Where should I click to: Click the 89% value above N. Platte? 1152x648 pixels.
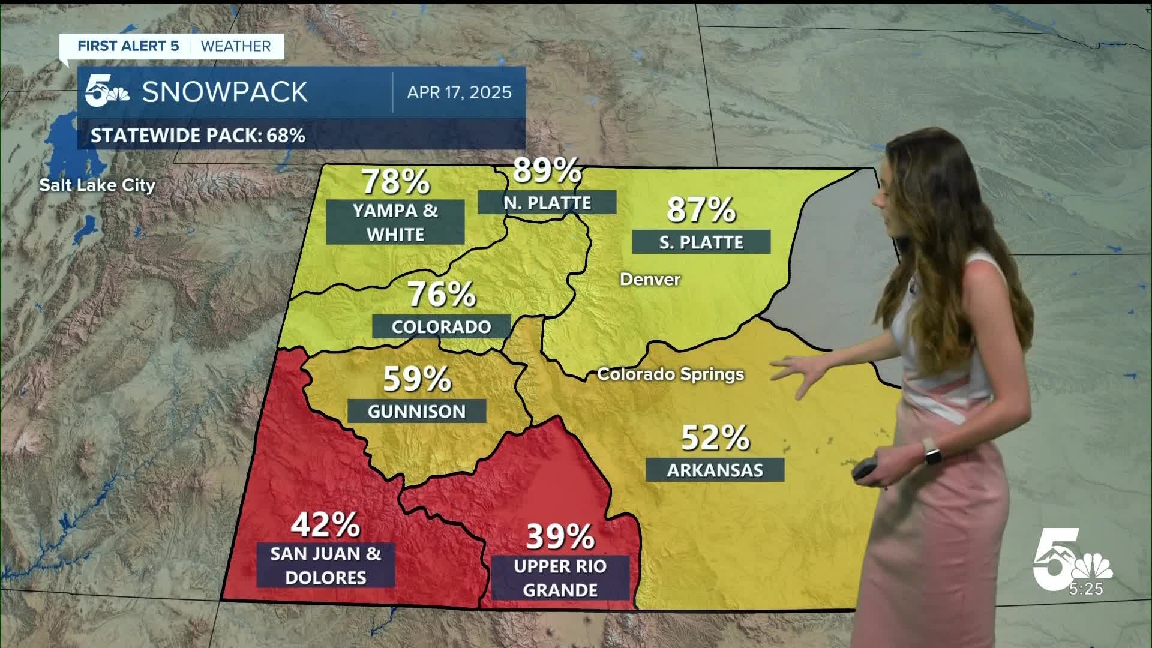[x=547, y=171]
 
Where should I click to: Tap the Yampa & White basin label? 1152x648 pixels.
[x=395, y=222]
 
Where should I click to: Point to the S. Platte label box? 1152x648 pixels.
[x=701, y=242]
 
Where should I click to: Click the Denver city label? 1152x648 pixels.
[x=650, y=279]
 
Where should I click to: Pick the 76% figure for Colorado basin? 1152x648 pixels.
[x=442, y=295]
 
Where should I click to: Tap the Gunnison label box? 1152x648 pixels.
[x=416, y=411]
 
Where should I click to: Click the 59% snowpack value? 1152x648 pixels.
[x=417, y=379]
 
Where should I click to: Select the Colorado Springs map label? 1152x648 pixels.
[x=670, y=374]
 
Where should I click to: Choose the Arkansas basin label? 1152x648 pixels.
[x=715, y=470]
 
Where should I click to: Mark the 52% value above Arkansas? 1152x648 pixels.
[x=715, y=438]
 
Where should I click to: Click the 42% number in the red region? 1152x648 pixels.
[x=325, y=525]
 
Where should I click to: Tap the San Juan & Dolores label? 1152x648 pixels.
[x=325, y=565]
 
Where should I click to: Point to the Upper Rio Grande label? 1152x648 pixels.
[x=560, y=578]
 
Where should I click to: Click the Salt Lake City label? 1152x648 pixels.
[x=97, y=185]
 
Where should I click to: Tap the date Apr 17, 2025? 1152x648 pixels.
[x=459, y=92]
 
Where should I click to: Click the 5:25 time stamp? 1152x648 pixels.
[x=1086, y=589]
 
